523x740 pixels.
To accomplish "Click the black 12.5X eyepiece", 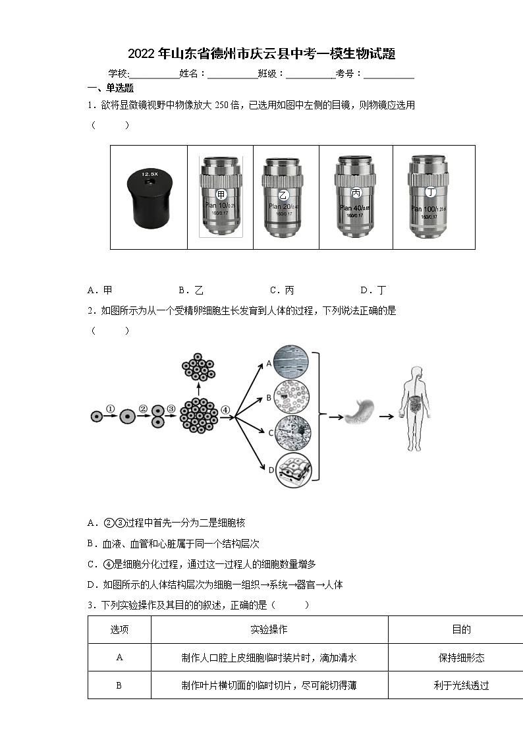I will pyautogui.click(x=149, y=197).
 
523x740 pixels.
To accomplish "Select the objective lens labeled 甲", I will pyautogui.click(x=221, y=196).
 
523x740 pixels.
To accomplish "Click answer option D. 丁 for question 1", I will pyautogui.click(x=373, y=290).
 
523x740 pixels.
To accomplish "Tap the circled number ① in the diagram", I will pyautogui.click(x=110, y=409).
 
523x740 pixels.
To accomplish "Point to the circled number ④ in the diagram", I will pyautogui.click(x=225, y=409).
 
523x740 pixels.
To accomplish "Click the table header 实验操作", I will pyautogui.click(x=269, y=629).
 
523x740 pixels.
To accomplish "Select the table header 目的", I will pyautogui.click(x=461, y=629).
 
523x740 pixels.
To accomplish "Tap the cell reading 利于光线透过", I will pyautogui.click(x=461, y=685).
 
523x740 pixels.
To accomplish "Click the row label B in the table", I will pyautogui.click(x=119, y=685).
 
